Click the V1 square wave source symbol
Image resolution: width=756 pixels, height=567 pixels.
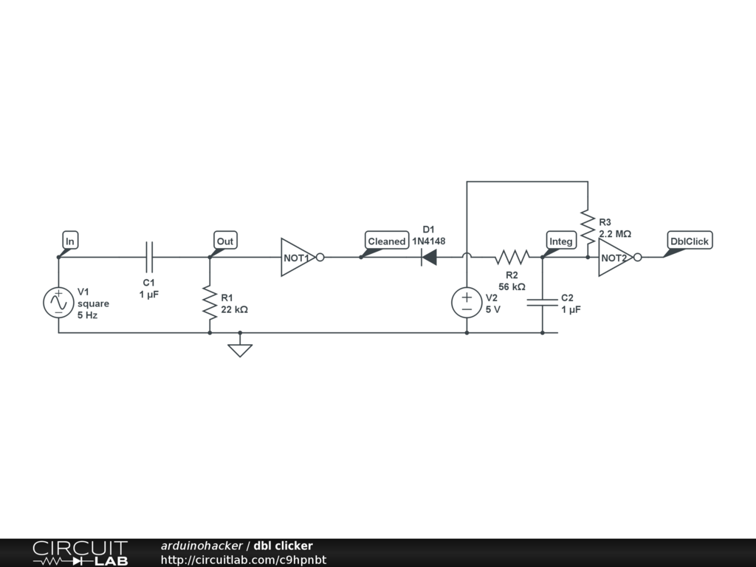point(58,303)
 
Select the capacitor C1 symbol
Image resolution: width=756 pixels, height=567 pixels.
point(150,257)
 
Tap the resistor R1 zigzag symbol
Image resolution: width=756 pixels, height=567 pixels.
point(210,303)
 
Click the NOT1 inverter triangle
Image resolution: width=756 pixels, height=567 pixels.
point(298,257)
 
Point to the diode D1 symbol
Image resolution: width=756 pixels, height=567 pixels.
point(428,257)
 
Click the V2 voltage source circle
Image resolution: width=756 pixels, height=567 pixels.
point(467,303)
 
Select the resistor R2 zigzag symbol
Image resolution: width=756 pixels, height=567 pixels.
point(512,257)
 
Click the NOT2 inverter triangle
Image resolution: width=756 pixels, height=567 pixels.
point(614,257)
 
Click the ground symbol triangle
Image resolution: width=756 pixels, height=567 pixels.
point(240,349)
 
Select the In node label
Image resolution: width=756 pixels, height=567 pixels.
point(70,241)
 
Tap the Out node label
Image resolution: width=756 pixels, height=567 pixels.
point(225,241)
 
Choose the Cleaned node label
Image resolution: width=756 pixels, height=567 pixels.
point(387,241)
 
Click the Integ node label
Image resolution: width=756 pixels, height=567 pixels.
point(561,241)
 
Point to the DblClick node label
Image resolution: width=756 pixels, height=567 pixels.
point(689,241)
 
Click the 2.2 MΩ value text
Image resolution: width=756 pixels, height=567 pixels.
point(615,233)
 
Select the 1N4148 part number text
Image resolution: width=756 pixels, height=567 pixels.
point(428,241)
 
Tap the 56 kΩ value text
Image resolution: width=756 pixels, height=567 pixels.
point(512,286)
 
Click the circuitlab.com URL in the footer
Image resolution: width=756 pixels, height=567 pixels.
point(244,560)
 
